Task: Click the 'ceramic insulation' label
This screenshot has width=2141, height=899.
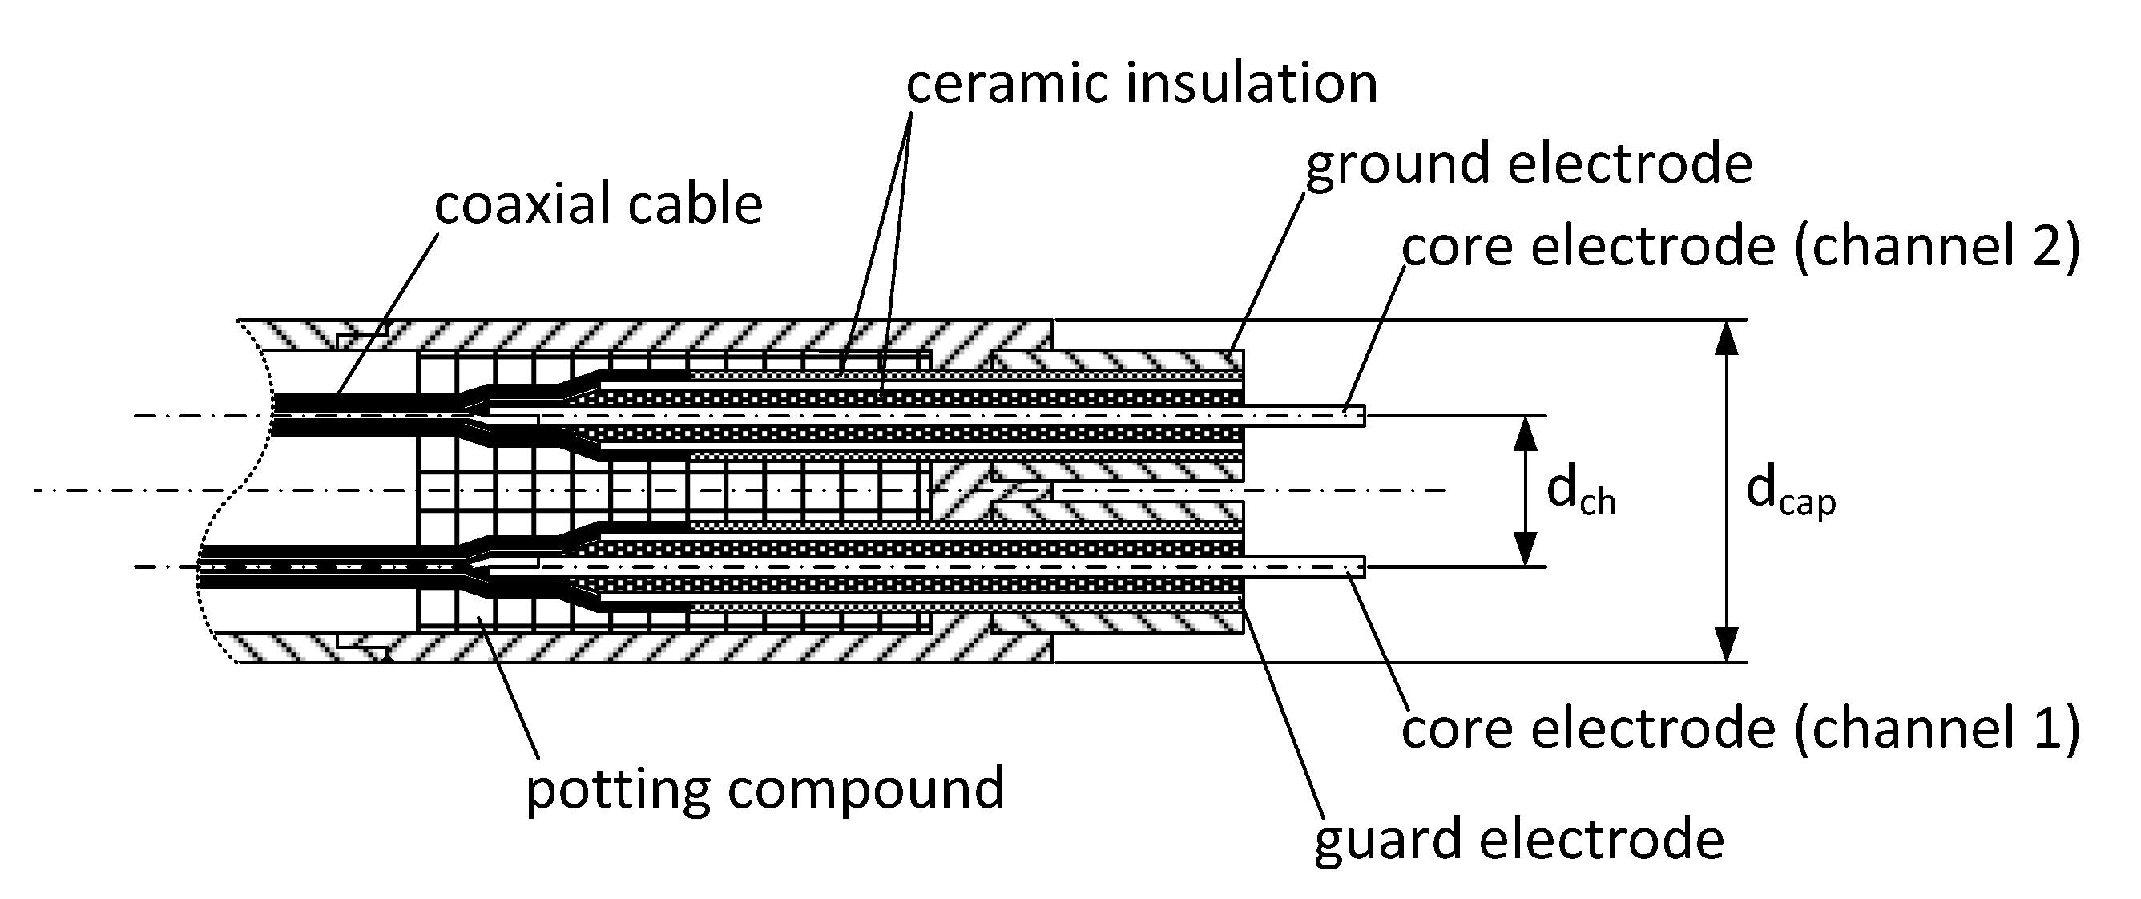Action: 1141,85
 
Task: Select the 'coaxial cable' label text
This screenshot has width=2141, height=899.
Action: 599,204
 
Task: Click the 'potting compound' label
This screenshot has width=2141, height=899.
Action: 765,788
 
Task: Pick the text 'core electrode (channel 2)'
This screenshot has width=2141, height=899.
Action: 1740,248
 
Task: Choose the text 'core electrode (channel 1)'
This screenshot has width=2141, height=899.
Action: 1740,728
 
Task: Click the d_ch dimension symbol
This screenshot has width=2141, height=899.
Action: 1580,493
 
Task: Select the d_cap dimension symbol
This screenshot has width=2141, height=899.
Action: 1789,493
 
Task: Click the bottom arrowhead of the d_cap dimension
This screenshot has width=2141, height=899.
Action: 1727,643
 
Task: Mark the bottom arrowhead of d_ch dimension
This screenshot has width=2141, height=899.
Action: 1525,548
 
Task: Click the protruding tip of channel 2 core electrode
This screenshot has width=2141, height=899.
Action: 1351,414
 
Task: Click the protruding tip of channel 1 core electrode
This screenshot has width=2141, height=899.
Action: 1351,566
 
